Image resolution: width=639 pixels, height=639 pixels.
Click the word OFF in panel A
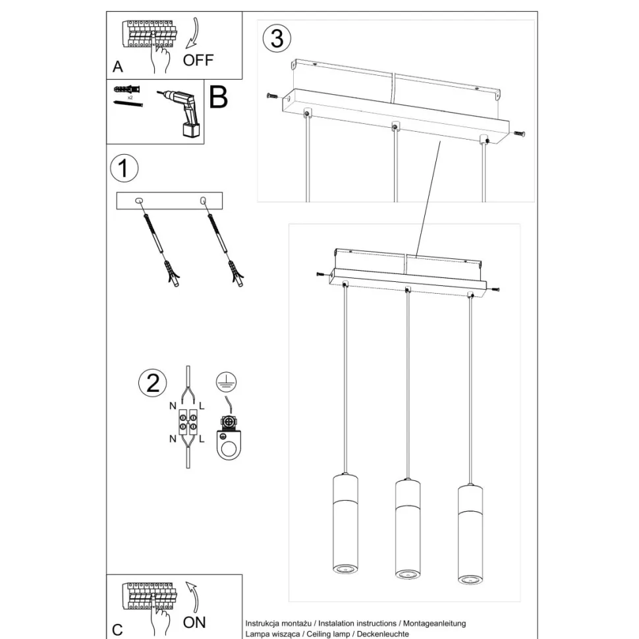[198, 60]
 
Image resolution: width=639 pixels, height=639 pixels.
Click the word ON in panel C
[194, 622]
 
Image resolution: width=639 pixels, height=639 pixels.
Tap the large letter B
[218, 97]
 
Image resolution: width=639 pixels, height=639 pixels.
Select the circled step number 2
[153, 383]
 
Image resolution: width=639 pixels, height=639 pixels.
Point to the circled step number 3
[277, 38]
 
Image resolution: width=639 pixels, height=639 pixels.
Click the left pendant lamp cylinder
[345, 523]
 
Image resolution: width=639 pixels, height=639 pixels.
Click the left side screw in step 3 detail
[272, 96]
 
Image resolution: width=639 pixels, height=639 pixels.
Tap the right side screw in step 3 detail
[519, 134]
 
